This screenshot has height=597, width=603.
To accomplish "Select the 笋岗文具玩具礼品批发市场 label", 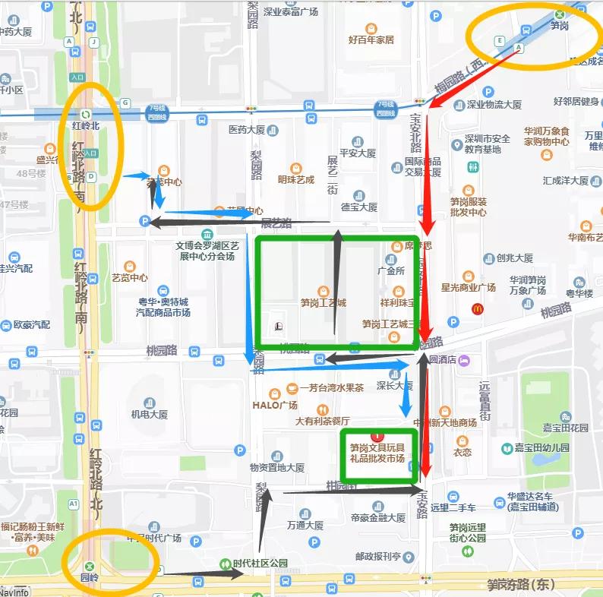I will click(377, 453).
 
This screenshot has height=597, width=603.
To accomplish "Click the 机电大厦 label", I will click(149, 415).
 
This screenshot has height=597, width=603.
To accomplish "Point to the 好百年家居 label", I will click(371, 39).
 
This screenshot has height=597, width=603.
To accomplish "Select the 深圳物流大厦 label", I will click(494, 105).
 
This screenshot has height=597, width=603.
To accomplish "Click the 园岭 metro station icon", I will click(90, 565).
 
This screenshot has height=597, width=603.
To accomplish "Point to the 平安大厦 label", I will click(358, 153).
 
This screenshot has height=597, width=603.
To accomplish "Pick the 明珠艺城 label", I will click(295, 180).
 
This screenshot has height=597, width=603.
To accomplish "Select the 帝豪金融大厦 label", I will click(378, 517).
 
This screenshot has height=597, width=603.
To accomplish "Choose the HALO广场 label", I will click(274, 405).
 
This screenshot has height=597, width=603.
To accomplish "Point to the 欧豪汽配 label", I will click(31, 325).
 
